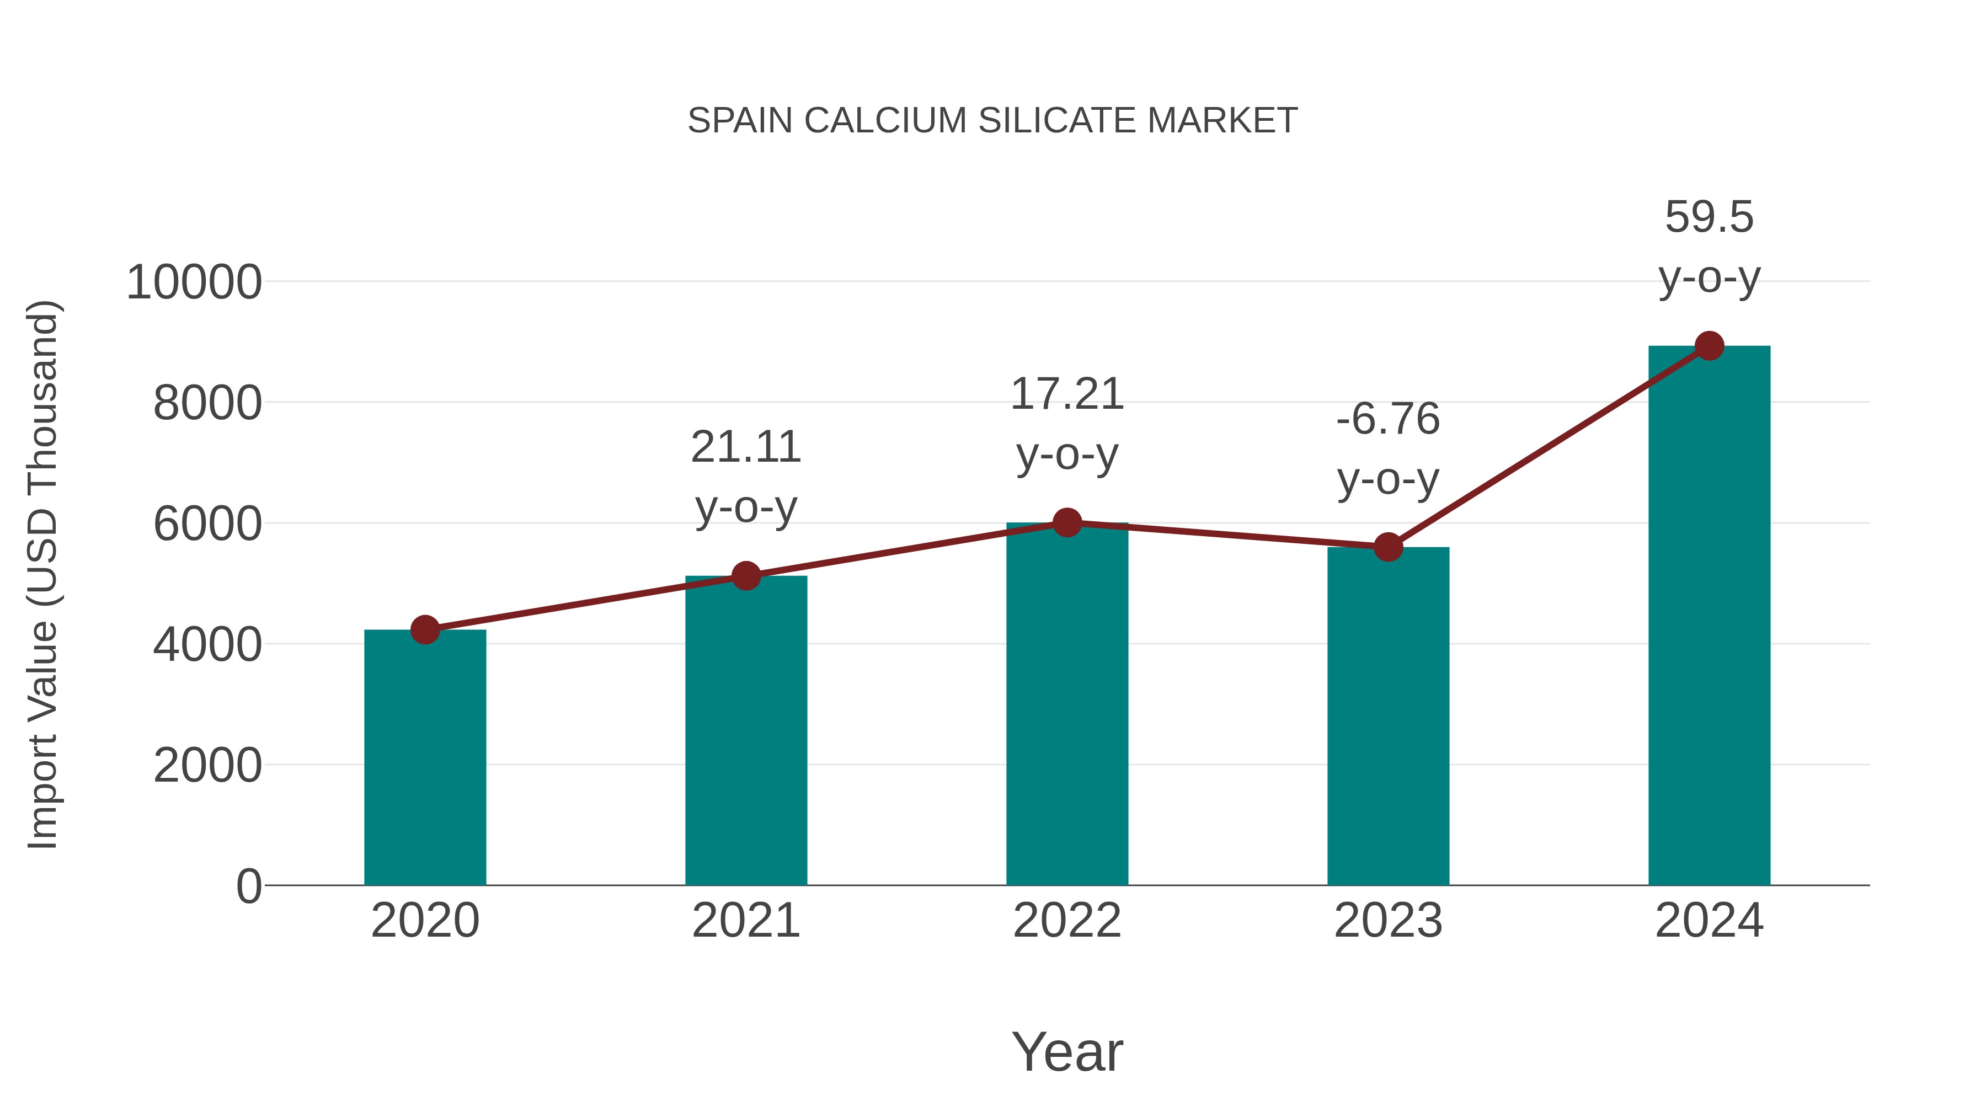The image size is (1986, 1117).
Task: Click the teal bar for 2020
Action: pos(425,760)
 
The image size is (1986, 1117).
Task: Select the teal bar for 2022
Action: pos(1067,706)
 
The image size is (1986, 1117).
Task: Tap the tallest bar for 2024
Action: pos(1709,617)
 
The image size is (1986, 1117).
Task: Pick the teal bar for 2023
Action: pos(1388,717)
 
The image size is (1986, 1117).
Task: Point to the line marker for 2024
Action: pos(1709,346)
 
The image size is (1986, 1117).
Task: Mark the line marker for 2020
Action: pos(425,630)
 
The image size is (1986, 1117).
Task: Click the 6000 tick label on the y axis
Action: pos(207,524)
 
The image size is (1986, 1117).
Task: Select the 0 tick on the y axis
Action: pos(249,886)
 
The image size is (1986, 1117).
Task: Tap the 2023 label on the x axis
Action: pos(1388,921)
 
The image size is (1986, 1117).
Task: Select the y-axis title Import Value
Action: pos(43,574)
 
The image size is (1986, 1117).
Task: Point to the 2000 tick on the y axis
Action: pos(207,766)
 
